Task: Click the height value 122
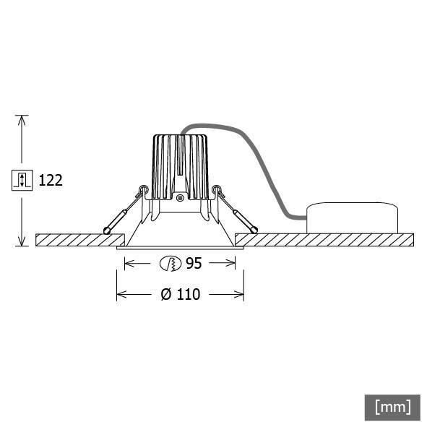point(50,180)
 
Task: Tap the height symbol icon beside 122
point(22,180)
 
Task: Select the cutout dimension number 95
point(193,264)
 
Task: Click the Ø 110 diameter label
point(180,294)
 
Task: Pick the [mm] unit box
point(392,407)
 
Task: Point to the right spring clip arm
point(236,212)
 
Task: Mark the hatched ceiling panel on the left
point(79,240)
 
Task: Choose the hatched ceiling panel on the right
point(325,240)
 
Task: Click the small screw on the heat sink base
point(179,197)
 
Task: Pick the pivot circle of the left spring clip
point(143,191)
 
